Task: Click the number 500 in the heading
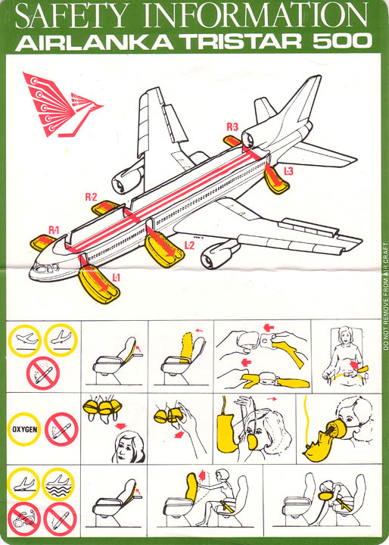pos(342,42)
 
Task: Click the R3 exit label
pos(232,127)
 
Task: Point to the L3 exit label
pos(288,170)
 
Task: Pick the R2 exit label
pos(91,198)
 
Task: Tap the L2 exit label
pos(189,245)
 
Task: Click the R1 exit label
pos(54,230)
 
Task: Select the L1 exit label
pos(116,277)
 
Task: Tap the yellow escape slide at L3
pos(276,181)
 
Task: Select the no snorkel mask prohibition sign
pos(24,519)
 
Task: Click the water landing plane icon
pos(58,484)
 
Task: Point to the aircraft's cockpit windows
pos(45,268)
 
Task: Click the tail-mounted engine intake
pos(248,140)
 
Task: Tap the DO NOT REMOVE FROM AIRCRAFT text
pos(384,295)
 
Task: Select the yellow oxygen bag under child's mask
pos(322,445)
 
